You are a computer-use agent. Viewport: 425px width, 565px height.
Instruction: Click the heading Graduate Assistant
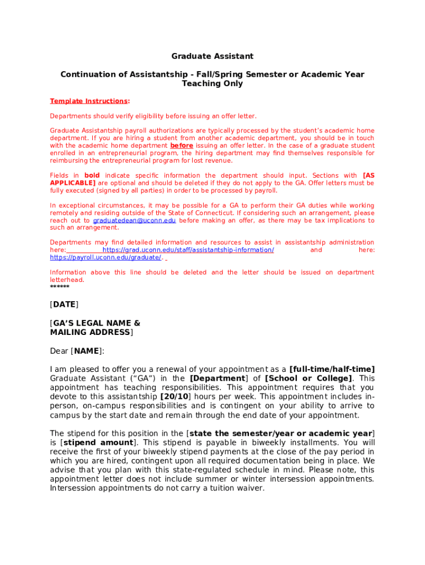(212, 56)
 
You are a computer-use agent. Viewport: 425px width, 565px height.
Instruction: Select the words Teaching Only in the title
(212, 84)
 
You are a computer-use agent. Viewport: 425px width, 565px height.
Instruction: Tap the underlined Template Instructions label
(89, 101)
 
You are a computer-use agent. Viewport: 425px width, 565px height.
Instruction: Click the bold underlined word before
(182, 146)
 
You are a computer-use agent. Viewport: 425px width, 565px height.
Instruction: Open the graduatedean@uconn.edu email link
(138, 220)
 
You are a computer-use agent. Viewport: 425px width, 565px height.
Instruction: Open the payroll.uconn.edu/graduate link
(105, 258)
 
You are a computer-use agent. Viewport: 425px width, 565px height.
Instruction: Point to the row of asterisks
(60, 287)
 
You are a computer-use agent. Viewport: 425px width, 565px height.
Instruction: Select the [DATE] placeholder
(64, 305)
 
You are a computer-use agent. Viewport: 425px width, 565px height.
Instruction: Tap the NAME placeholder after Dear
(87, 351)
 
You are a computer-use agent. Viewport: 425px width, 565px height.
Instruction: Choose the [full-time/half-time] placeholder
(332, 369)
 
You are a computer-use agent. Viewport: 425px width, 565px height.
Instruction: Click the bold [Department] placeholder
(218, 379)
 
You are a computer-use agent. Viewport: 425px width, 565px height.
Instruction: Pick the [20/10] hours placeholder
(176, 397)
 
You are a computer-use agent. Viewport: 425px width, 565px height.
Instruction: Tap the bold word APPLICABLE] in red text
(72, 183)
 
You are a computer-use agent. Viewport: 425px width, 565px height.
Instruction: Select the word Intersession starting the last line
(73, 488)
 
